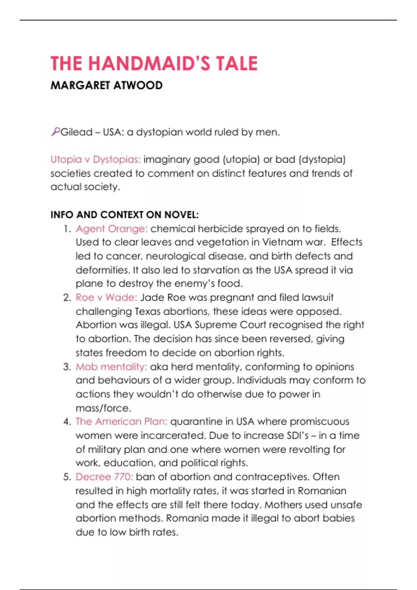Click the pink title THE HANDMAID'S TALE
tap(154, 64)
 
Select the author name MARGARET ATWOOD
tap(106, 85)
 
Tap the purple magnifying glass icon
tap(55, 132)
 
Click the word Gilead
tap(76, 132)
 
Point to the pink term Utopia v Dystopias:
tap(96, 160)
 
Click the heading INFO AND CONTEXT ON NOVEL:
tap(124, 215)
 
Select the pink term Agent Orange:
tap(112, 229)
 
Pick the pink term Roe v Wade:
tap(106, 297)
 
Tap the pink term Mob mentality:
tap(111, 367)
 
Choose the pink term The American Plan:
tap(121, 421)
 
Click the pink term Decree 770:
tap(104, 477)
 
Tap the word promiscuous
tap(319, 421)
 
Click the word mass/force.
tap(103, 408)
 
